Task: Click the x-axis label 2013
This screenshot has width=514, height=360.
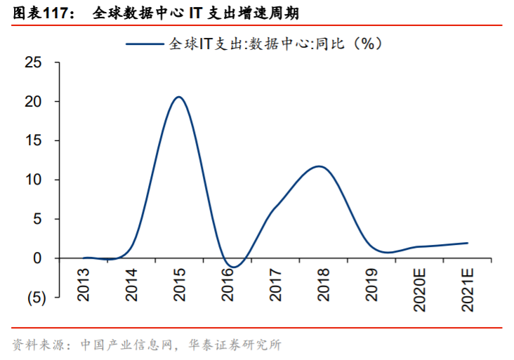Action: click(84, 284)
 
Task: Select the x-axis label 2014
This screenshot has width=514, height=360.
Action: click(131, 284)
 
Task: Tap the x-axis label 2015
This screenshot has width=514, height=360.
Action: click(179, 284)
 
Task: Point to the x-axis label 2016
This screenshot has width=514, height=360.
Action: click(228, 284)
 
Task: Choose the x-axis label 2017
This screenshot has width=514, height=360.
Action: click(275, 284)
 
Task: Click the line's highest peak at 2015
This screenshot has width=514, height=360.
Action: click(179, 97)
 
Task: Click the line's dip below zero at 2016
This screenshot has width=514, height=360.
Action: click(234, 267)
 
